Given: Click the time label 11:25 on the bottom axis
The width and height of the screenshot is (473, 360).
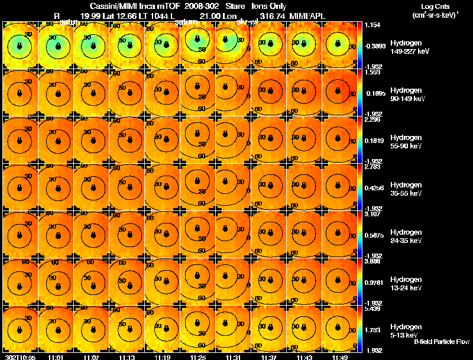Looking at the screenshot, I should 198,357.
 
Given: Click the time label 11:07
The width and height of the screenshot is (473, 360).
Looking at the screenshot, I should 92,357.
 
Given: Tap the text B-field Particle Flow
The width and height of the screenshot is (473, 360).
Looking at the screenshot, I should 442,342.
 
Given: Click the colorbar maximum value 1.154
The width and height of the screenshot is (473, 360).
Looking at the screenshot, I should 372,25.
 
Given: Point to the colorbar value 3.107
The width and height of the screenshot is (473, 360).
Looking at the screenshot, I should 372,214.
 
